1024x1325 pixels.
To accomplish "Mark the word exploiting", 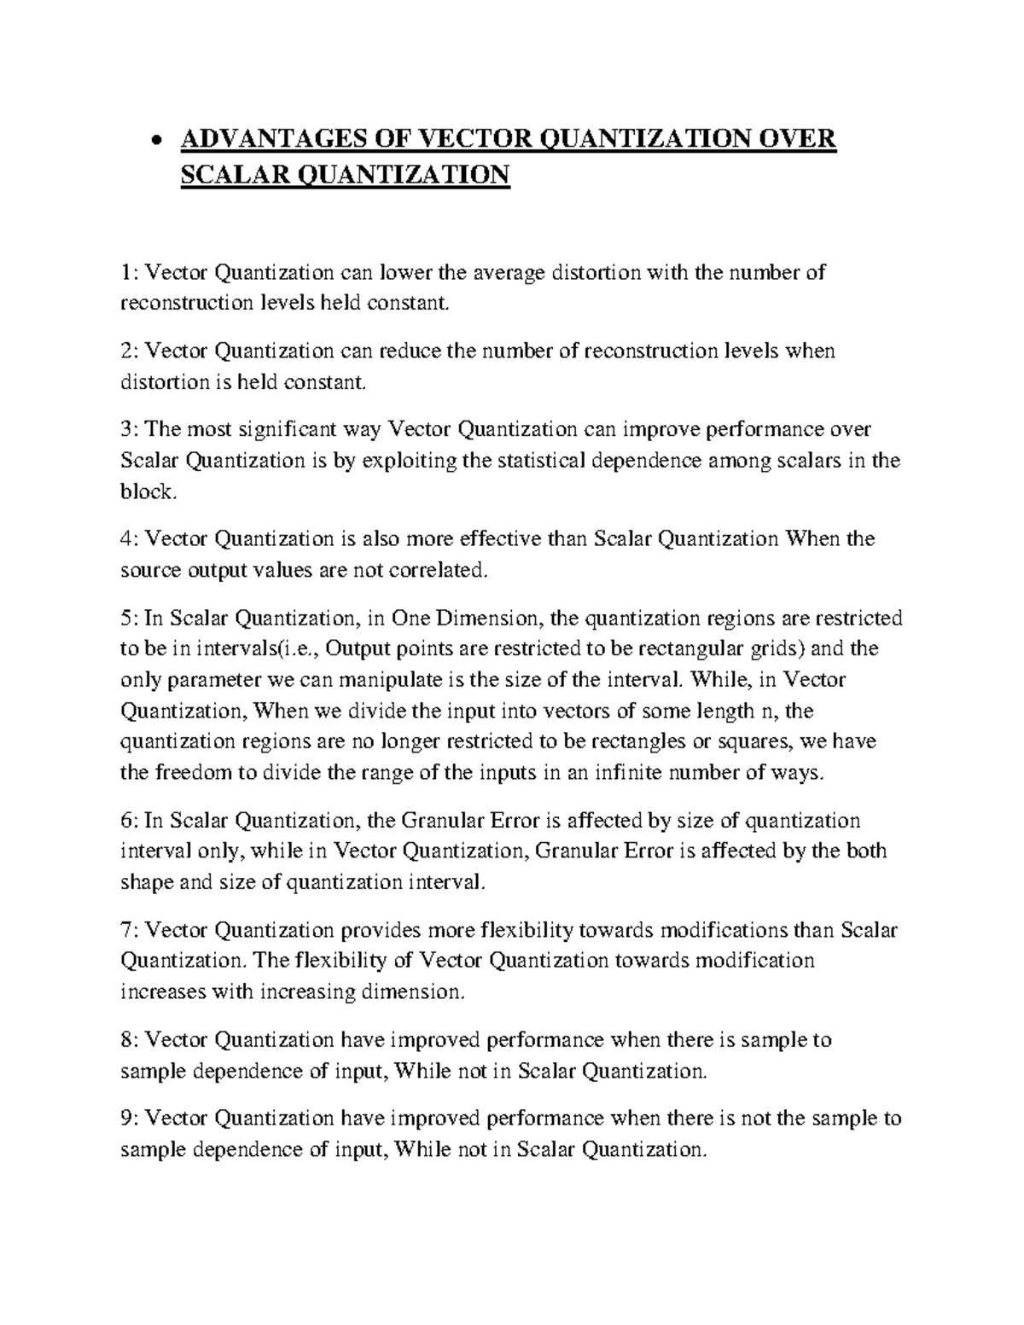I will click(410, 461).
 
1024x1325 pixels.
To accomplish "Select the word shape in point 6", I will click(147, 882).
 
